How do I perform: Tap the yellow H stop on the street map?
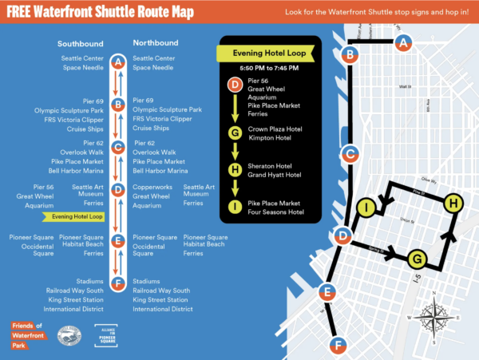point(453,204)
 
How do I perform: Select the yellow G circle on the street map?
point(415,258)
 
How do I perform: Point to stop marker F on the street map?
point(339,345)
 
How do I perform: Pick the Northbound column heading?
point(155,43)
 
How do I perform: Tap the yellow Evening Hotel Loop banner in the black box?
point(265,53)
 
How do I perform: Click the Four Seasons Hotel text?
point(275,212)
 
